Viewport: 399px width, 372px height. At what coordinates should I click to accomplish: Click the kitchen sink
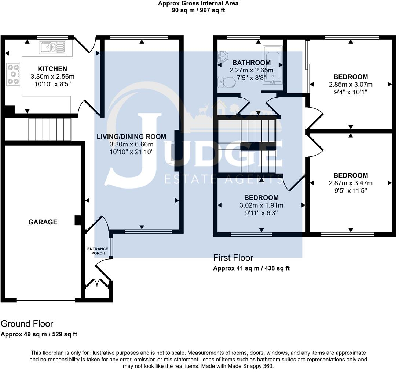[52, 47]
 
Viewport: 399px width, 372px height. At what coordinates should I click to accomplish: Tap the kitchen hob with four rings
[14, 74]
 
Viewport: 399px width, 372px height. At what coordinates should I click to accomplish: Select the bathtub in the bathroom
[272, 65]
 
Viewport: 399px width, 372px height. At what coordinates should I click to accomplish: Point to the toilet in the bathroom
[227, 82]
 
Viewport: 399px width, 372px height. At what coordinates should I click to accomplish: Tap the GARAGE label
[43, 222]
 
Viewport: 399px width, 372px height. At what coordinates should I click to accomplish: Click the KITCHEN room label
[52, 69]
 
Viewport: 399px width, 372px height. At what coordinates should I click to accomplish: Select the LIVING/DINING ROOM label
[131, 137]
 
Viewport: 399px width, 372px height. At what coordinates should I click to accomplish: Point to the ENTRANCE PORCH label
[98, 251]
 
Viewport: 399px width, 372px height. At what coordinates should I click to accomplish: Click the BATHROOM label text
[252, 63]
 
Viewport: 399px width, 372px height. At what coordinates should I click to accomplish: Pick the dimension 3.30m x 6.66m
[131, 144]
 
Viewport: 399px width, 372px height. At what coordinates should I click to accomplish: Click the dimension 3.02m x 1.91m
[261, 205]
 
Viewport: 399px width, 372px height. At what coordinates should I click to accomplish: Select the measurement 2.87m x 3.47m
[351, 183]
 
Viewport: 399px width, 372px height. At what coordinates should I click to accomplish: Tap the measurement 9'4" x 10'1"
[351, 92]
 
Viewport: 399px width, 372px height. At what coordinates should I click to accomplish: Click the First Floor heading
[233, 258]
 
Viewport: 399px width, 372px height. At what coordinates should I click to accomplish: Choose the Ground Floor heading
[27, 324]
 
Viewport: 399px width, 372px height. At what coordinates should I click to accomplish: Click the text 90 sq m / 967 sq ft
[198, 10]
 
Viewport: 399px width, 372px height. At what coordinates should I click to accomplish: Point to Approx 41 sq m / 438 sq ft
[252, 268]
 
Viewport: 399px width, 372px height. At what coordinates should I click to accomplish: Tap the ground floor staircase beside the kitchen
[50, 129]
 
